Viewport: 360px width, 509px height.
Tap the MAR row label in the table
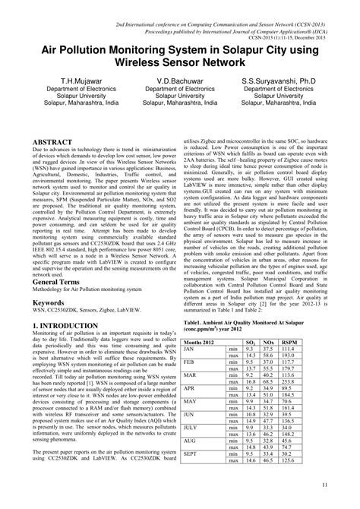191,375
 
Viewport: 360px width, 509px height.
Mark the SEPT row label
191,454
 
